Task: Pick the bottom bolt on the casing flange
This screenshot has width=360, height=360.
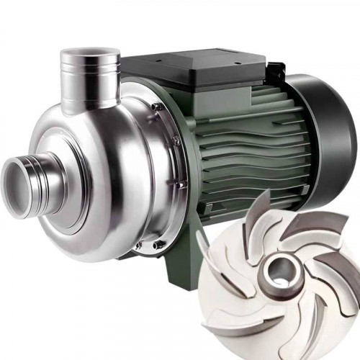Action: point(156,245)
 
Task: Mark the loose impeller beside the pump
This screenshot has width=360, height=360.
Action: point(281,277)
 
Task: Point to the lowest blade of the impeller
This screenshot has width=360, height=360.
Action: point(288,331)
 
